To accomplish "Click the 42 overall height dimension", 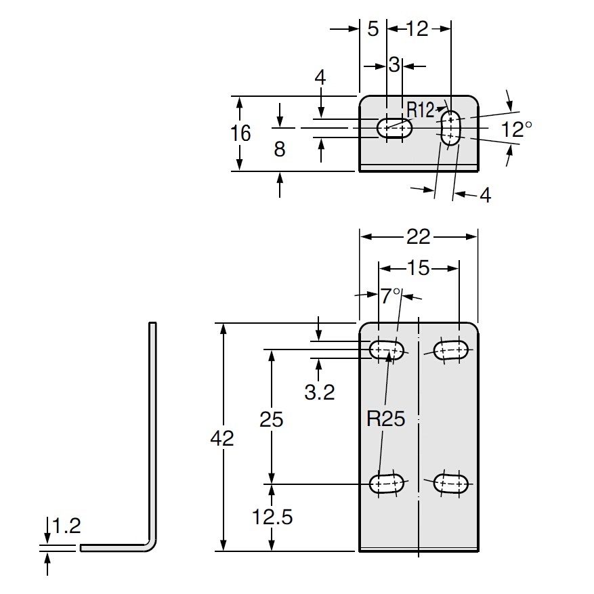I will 222,438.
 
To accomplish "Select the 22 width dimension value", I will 419,236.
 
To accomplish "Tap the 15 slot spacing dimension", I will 419,268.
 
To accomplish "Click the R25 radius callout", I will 385,419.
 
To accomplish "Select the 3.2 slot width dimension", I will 319,392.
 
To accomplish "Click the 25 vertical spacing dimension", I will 272,419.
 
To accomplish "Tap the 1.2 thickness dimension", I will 66,526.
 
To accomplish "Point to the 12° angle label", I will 517,129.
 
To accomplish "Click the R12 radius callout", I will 420,108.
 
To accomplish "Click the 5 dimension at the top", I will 373,28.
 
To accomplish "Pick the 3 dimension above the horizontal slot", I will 394,66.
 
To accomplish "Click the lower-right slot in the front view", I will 450,483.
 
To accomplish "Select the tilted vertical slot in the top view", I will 450,127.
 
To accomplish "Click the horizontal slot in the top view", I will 395,127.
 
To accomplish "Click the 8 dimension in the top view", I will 279,149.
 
